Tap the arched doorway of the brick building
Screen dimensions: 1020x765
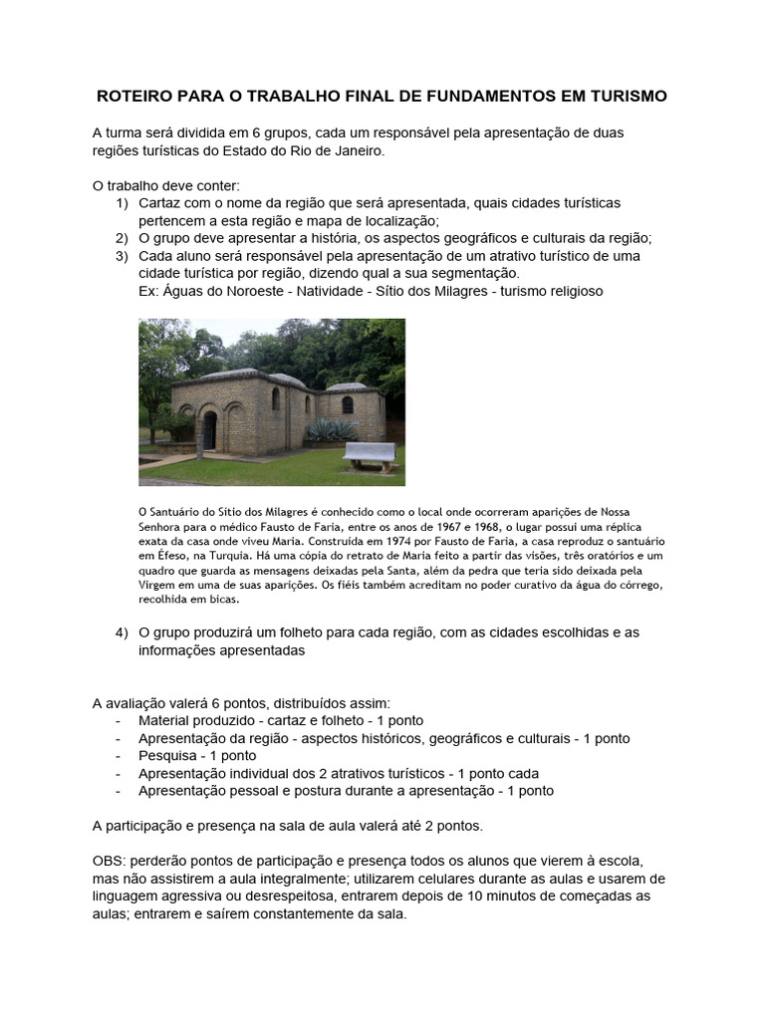(210, 429)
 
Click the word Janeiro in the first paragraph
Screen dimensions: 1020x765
(357, 150)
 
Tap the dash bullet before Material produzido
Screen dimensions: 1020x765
(120, 720)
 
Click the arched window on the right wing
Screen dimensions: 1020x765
(347, 404)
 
